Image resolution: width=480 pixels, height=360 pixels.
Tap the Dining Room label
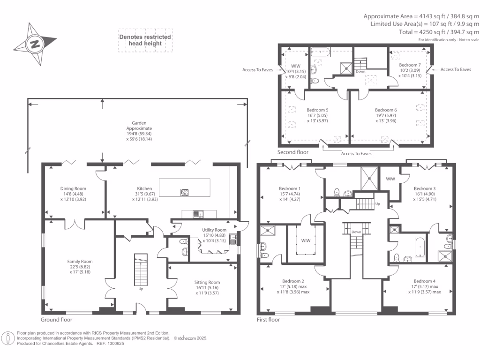(73, 194)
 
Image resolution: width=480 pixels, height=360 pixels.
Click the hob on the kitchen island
(185, 192)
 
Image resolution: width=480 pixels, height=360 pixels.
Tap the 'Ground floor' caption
(56, 320)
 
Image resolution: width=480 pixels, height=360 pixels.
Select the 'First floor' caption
(269, 320)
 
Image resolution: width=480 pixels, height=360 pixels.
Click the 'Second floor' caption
(293, 152)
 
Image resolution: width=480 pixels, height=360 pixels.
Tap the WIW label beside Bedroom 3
(390, 179)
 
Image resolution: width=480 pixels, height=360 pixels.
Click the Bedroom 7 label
(409, 70)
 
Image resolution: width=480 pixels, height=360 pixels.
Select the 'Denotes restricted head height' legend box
(145, 40)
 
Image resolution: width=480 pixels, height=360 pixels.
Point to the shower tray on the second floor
(347, 68)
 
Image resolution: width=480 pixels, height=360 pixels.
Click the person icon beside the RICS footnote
(8, 337)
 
